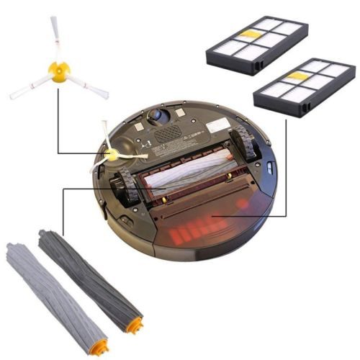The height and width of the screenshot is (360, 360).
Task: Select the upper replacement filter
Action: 256,42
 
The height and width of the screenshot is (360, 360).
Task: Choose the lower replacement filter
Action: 303,84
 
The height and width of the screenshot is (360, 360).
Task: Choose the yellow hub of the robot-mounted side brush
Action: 112,153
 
